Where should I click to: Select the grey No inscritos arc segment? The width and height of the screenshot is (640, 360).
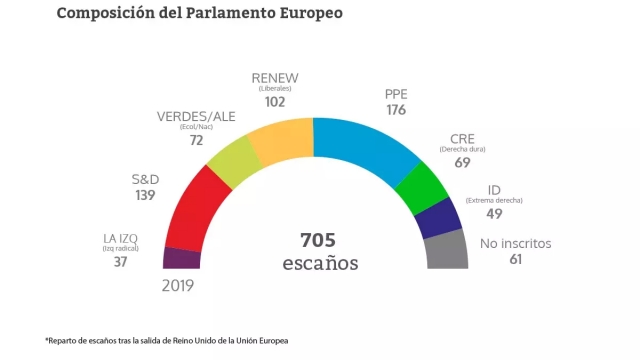pos(447,251)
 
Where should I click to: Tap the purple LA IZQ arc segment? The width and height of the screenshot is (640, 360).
pos(181,258)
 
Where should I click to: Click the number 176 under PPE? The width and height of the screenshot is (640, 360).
pos(396,110)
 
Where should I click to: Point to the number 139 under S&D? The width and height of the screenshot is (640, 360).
pos(145,195)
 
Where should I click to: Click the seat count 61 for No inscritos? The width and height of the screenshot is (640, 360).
pos(489,259)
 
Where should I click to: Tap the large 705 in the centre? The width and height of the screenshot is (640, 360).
pos(318,241)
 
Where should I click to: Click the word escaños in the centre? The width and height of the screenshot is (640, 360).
pos(319,264)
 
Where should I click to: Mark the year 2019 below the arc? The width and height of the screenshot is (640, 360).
pos(177,285)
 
